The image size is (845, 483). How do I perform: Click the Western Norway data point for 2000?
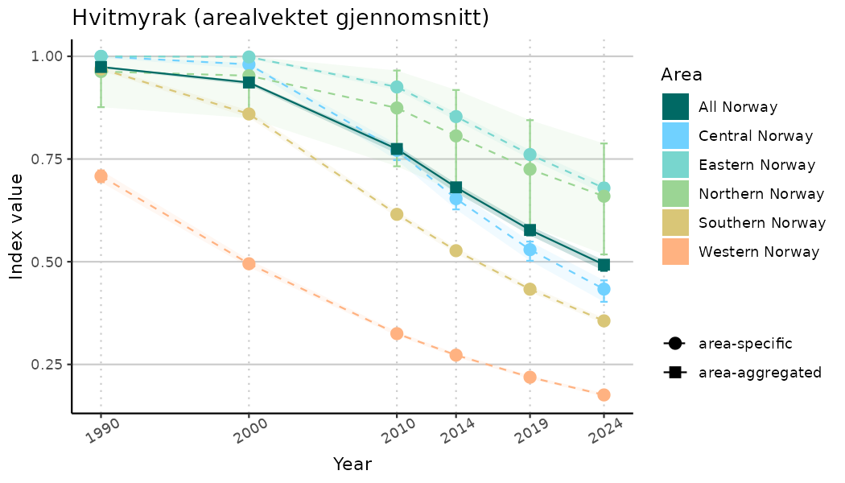pos(249,263)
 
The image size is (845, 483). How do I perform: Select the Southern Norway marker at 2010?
pos(397,214)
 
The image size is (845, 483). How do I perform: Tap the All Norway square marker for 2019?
pos(530,230)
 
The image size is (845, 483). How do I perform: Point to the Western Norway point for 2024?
pos(604,394)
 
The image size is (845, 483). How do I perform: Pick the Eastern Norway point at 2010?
pos(397,87)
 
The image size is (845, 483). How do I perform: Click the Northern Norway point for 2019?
pos(530,169)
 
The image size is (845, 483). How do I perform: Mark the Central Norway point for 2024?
pos(604,288)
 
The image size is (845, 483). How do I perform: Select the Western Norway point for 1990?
pos(101,175)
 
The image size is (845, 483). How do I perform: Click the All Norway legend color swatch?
pos(675,107)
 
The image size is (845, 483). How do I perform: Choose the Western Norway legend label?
pos(759,252)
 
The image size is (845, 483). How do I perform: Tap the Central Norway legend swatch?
pos(675,136)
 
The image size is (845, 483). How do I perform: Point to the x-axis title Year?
pos(352,464)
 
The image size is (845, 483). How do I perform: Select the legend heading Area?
pos(681,75)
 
